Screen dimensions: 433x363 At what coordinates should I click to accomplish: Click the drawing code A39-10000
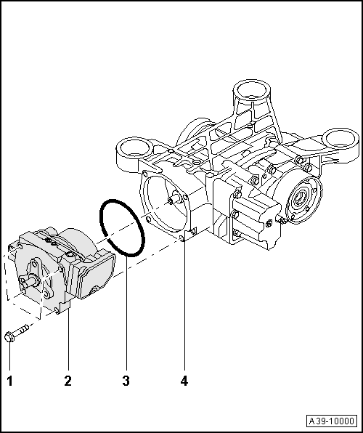pyautogui.click(x=333, y=421)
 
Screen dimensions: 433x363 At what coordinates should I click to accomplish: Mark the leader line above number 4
pyautogui.click(x=184, y=305)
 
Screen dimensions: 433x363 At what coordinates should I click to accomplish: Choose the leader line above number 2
pyautogui.click(x=68, y=341)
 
